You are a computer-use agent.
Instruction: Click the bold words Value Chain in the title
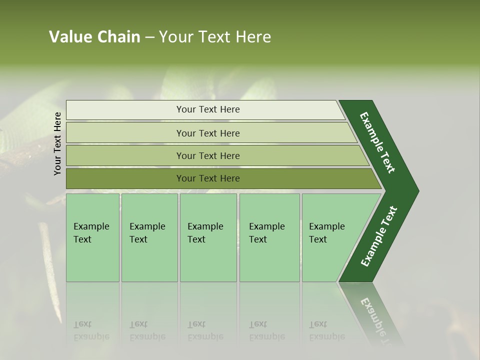coord(94,37)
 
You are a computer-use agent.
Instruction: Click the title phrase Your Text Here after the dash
coord(214,37)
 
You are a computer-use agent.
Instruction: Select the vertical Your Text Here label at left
coord(57,143)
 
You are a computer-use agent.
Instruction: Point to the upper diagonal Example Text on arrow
coord(377,142)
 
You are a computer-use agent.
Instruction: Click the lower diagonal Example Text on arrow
coord(379,236)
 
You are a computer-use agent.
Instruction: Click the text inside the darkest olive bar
coord(208,178)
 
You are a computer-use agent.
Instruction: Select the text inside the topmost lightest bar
coord(208,109)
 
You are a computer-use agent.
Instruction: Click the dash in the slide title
coord(149,37)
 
